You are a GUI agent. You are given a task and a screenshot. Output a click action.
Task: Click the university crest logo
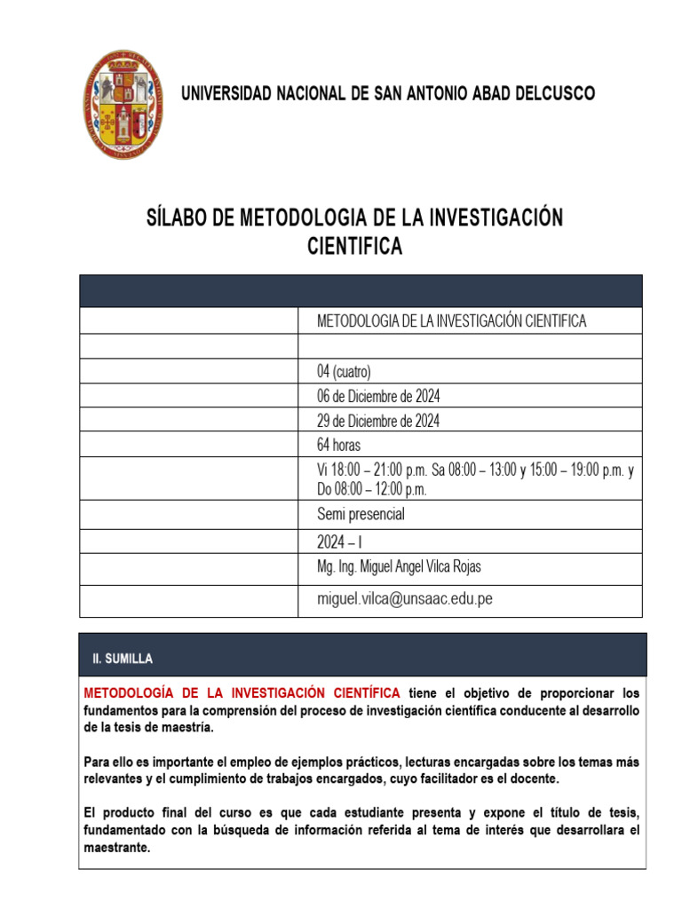pyautogui.click(x=123, y=105)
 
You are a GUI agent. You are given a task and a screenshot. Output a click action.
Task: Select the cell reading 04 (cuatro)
pyautogui.click(x=345, y=371)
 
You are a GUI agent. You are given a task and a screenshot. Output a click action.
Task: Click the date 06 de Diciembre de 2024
pyautogui.click(x=378, y=396)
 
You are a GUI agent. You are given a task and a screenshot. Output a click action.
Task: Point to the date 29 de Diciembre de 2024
pyautogui.click(x=378, y=421)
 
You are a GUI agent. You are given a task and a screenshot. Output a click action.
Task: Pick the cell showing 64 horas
pyautogui.click(x=339, y=445)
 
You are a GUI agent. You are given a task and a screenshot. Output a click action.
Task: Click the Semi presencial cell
pyautogui.click(x=361, y=514)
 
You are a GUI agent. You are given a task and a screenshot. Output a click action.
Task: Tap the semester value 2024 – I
pyautogui.click(x=340, y=542)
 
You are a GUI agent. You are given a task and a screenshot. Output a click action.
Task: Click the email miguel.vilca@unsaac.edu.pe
pyautogui.click(x=404, y=599)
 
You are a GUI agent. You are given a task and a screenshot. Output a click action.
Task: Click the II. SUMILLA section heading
pyautogui.click(x=123, y=659)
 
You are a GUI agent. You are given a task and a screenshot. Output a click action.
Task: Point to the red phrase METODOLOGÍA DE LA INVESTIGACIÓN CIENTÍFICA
pyautogui.click(x=242, y=692)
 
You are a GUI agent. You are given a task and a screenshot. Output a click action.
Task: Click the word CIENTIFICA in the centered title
pyautogui.click(x=354, y=247)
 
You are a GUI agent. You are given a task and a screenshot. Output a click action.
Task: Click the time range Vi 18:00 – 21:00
pyautogui.click(x=373, y=471)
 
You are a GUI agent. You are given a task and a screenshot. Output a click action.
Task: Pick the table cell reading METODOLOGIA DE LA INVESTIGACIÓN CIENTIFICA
pyautogui.click(x=452, y=321)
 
